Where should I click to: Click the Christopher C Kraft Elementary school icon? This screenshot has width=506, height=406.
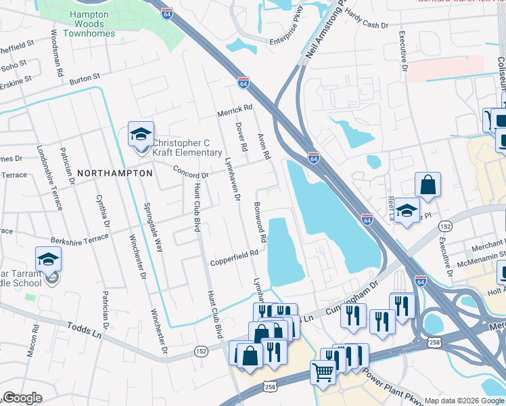point(141,134)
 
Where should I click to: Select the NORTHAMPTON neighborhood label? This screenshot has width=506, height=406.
point(115,173)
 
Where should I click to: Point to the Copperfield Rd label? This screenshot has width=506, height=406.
point(235,253)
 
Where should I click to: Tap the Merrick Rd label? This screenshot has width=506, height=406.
point(234,108)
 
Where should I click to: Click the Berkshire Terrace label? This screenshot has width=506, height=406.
point(79,240)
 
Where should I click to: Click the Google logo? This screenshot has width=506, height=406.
point(22,398)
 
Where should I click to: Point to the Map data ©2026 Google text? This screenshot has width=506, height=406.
point(463,401)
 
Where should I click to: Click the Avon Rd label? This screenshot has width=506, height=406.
point(264,145)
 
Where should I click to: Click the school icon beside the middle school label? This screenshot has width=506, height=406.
point(49,260)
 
